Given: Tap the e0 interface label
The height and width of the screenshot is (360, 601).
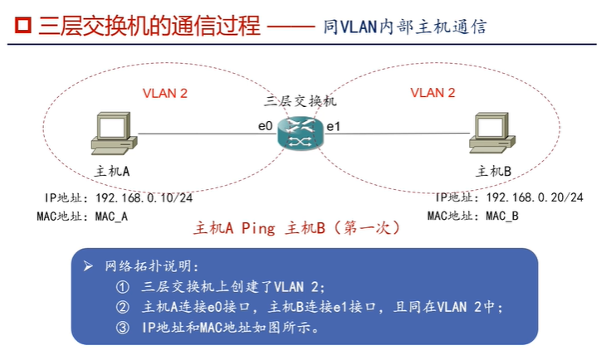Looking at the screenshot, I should click(265, 126).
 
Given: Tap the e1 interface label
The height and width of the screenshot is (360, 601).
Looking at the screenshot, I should click(333, 127).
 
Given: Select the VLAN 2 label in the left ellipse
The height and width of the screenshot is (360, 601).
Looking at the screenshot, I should click(165, 93).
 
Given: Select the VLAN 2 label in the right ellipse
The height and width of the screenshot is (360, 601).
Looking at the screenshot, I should click(432, 93).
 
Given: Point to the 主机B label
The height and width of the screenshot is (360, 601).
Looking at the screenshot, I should click(496, 171).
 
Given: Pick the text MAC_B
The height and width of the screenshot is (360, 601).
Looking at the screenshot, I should click(502, 216).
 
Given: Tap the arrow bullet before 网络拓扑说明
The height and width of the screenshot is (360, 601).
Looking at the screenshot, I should click(89, 267).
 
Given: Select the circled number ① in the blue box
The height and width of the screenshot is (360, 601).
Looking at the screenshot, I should click(124, 288).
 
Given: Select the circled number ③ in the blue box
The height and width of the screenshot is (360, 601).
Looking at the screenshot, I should click(124, 327).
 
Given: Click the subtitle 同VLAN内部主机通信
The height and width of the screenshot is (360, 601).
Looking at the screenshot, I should click(404, 27).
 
